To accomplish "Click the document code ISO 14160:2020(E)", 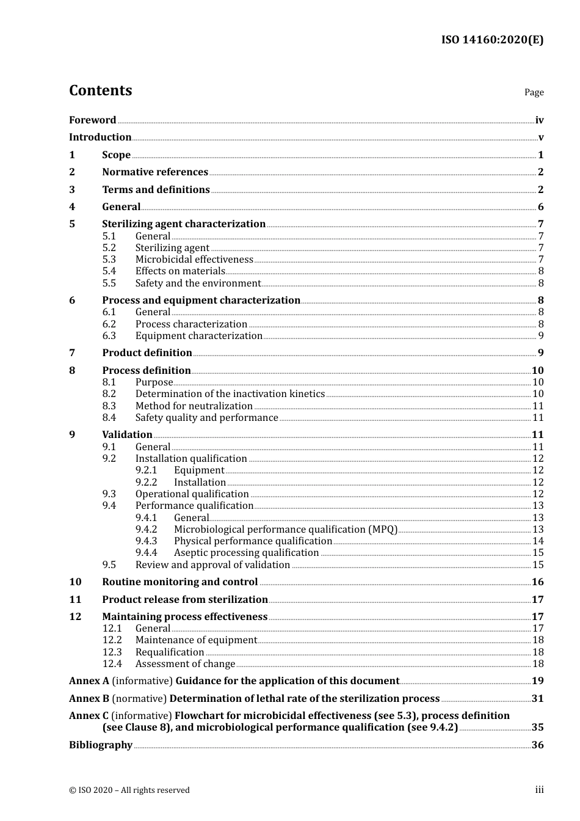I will [x=492, y=40].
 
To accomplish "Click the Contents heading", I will [x=100, y=90].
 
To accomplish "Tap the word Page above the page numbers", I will [x=534, y=92].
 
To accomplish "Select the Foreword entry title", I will [x=92, y=120].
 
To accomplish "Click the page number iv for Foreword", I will [x=539, y=120].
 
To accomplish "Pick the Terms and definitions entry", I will [x=156, y=189].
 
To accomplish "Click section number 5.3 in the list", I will [x=109, y=259].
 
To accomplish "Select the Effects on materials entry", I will [x=180, y=271].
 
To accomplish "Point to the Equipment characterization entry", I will [x=198, y=335].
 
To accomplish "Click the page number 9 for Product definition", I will [x=540, y=352].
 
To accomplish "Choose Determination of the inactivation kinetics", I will [x=230, y=394].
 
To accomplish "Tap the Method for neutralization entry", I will [x=194, y=406].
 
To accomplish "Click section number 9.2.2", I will [x=146, y=482].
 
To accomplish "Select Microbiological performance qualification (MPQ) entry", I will [x=285, y=529].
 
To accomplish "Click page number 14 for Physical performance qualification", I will [x=538, y=541].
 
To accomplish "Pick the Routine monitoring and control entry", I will [x=179, y=582].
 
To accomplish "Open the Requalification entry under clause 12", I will [x=169, y=652].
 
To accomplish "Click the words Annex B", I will [x=89, y=698].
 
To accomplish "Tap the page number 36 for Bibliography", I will [x=537, y=745].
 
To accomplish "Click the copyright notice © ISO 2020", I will [x=129, y=790].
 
